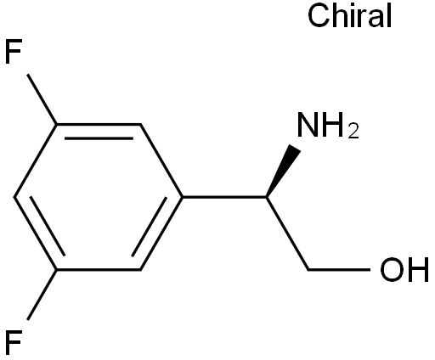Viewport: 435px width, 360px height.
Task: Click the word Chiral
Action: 350,15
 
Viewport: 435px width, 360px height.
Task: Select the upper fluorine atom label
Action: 13,52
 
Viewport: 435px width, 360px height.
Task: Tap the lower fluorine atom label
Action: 13,342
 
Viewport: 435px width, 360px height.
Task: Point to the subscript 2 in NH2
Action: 353,132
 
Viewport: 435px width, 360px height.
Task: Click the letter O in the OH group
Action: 391,269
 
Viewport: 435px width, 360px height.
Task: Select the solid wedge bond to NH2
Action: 283,171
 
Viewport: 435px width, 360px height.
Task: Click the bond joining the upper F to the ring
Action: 42,99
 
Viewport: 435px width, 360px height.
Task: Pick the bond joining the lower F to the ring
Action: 42,295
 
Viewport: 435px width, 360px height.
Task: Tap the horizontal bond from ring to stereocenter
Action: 224,197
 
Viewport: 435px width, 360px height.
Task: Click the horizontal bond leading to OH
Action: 339,270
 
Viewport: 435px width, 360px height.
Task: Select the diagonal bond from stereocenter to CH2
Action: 287,233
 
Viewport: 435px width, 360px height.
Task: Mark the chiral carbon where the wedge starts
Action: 267,197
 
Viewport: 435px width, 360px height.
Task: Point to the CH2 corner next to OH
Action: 308,270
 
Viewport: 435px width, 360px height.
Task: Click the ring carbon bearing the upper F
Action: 57,124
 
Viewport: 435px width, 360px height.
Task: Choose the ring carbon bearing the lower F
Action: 57,270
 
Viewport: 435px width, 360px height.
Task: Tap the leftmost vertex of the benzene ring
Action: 14,197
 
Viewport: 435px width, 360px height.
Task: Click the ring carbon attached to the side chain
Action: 183,197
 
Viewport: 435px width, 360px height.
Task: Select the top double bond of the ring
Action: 99,131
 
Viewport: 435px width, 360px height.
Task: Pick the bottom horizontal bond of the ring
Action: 99,270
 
